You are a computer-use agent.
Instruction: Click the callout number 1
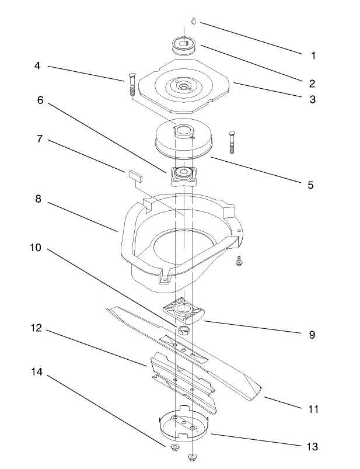point(313,57)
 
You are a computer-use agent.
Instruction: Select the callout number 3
point(313,100)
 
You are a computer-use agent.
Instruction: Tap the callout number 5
point(310,185)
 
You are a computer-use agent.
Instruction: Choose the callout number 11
point(313,409)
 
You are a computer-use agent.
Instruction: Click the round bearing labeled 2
point(184,44)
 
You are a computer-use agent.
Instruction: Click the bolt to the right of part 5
point(232,141)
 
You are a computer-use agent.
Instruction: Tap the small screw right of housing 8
point(239,262)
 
